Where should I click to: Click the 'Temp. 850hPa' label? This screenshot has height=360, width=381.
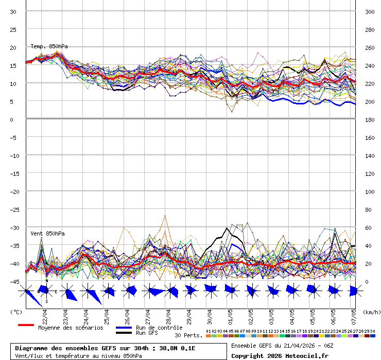[x=49, y=46]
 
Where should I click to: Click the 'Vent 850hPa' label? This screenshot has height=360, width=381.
[x=47, y=233]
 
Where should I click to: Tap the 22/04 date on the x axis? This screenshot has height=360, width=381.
[x=45, y=314]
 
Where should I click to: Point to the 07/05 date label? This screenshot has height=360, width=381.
[x=354, y=314]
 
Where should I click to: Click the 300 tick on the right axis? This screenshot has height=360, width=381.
[x=369, y=11]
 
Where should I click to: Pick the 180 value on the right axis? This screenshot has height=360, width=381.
[x=369, y=119]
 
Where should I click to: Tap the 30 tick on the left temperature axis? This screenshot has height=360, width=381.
[x=13, y=11]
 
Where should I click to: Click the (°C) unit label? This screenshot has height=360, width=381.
[x=16, y=312]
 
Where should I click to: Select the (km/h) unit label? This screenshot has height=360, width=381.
[x=371, y=312]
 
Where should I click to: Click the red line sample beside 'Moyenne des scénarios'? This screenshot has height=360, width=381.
[x=26, y=325]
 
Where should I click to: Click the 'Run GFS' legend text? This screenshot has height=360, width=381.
[x=147, y=333]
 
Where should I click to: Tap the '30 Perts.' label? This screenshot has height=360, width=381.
[x=188, y=335]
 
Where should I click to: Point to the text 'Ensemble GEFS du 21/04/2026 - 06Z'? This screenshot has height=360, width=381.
[x=282, y=346]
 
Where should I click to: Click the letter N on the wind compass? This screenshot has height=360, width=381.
[x=46, y=281]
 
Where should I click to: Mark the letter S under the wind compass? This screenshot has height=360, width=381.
[x=46, y=301]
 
